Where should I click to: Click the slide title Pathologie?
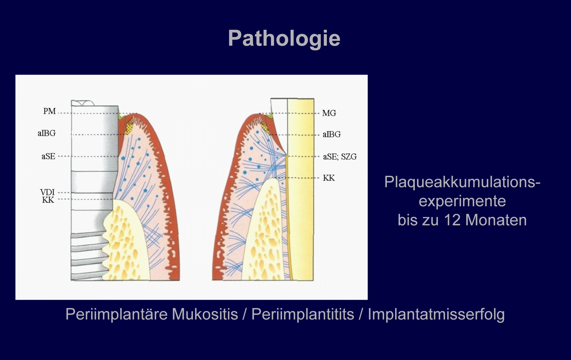tap(284, 39)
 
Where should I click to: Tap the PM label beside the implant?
tap(49, 111)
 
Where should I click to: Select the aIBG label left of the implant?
tap(47, 133)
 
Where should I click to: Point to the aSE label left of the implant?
tap(48, 156)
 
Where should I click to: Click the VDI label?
tap(47, 192)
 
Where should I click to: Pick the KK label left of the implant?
tap(48, 200)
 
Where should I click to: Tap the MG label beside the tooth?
tap(329, 113)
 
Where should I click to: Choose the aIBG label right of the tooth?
tap(332, 134)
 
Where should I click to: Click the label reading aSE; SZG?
tap(340, 157)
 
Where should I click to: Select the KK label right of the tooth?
tap(329, 178)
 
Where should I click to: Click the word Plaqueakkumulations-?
tap(462, 182)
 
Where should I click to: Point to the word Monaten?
tap(496, 220)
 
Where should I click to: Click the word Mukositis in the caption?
tap(205, 314)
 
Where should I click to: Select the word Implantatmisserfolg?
tap(436, 314)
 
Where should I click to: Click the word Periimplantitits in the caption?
tap(303, 314)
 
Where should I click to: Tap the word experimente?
tap(462, 201)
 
